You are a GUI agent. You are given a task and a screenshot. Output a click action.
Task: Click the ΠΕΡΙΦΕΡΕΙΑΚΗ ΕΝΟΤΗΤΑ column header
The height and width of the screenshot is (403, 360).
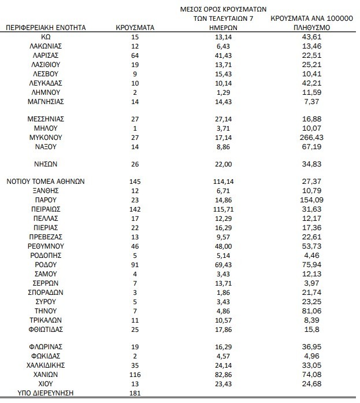(46, 27)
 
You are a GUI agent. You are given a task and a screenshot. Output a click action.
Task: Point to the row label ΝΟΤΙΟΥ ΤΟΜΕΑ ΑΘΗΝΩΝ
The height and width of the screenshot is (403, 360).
(46, 181)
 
